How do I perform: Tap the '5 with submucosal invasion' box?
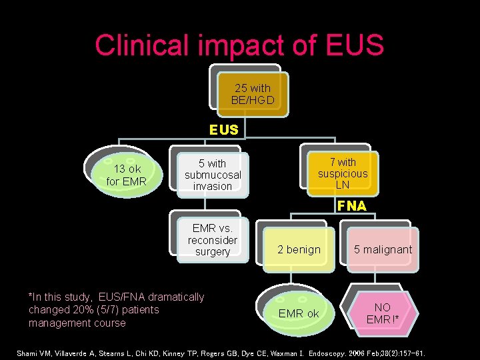(x=213, y=175)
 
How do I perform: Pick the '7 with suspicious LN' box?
(x=343, y=173)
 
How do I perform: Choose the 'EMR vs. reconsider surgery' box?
(x=213, y=240)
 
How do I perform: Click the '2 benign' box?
(x=299, y=249)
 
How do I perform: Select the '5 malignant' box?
(x=383, y=249)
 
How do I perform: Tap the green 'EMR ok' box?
(x=299, y=313)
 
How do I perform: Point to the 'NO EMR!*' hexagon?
(x=383, y=313)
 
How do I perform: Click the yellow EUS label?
(x=223, y=130)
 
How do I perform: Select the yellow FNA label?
(x=351, y=206)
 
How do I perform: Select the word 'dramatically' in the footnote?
(x=175, y=297)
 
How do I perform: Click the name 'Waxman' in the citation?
(x=281, y=353)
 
